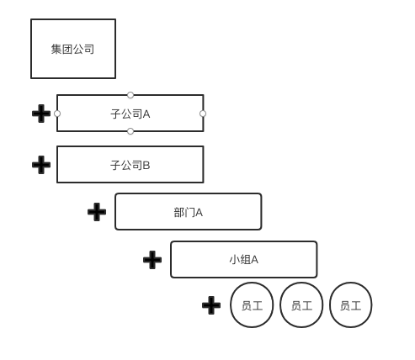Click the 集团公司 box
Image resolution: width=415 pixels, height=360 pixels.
(73, 49)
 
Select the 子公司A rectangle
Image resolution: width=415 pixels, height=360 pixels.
(130, 114)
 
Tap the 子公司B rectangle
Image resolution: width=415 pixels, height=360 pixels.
(130, 165)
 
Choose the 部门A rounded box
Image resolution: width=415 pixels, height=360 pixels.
(189, 212)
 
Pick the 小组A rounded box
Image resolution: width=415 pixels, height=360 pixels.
(244, 259)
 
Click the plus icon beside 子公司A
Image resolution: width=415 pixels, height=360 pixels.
(41, 114)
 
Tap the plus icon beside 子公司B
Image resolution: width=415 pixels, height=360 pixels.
(41, 165)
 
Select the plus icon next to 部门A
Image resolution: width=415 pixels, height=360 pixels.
(97, 212)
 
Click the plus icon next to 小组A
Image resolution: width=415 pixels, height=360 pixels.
(152, 260)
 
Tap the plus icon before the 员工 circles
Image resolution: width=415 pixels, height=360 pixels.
(211, 305)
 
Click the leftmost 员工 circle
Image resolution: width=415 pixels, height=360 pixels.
(252, 305)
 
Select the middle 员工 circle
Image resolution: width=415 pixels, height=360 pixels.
(301, 305)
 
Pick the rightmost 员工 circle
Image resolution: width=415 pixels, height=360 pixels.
(351, 305)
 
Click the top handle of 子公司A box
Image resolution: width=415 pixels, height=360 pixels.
(130, 95)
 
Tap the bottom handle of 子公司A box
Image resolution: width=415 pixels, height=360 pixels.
(130, 131)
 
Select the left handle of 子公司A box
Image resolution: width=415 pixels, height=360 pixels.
(57, 114)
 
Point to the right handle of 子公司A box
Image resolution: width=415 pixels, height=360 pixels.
(203, 114)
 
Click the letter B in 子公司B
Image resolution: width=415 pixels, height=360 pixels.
(146, 166)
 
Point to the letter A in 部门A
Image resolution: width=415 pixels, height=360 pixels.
(199, 213)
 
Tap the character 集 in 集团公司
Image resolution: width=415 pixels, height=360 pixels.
(56, 49)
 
